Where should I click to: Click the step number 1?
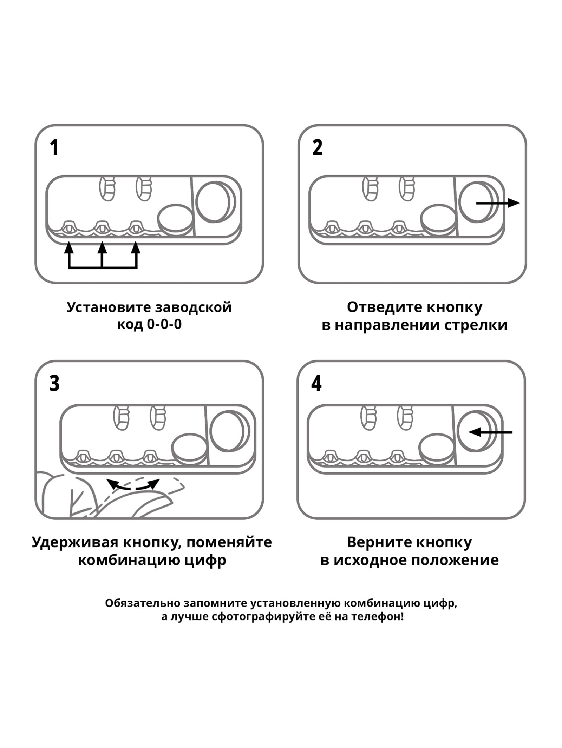54,148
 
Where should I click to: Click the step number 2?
317,148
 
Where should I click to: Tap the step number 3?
54,383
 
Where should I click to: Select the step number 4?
316,383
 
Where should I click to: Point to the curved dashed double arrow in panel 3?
133,485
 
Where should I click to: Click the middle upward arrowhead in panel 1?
102,248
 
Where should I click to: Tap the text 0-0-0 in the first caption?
164,324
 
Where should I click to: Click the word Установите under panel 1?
109,307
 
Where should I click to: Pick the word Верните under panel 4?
374,542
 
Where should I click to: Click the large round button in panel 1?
213,201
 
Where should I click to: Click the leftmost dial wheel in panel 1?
69,228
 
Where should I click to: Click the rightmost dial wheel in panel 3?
150,457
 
